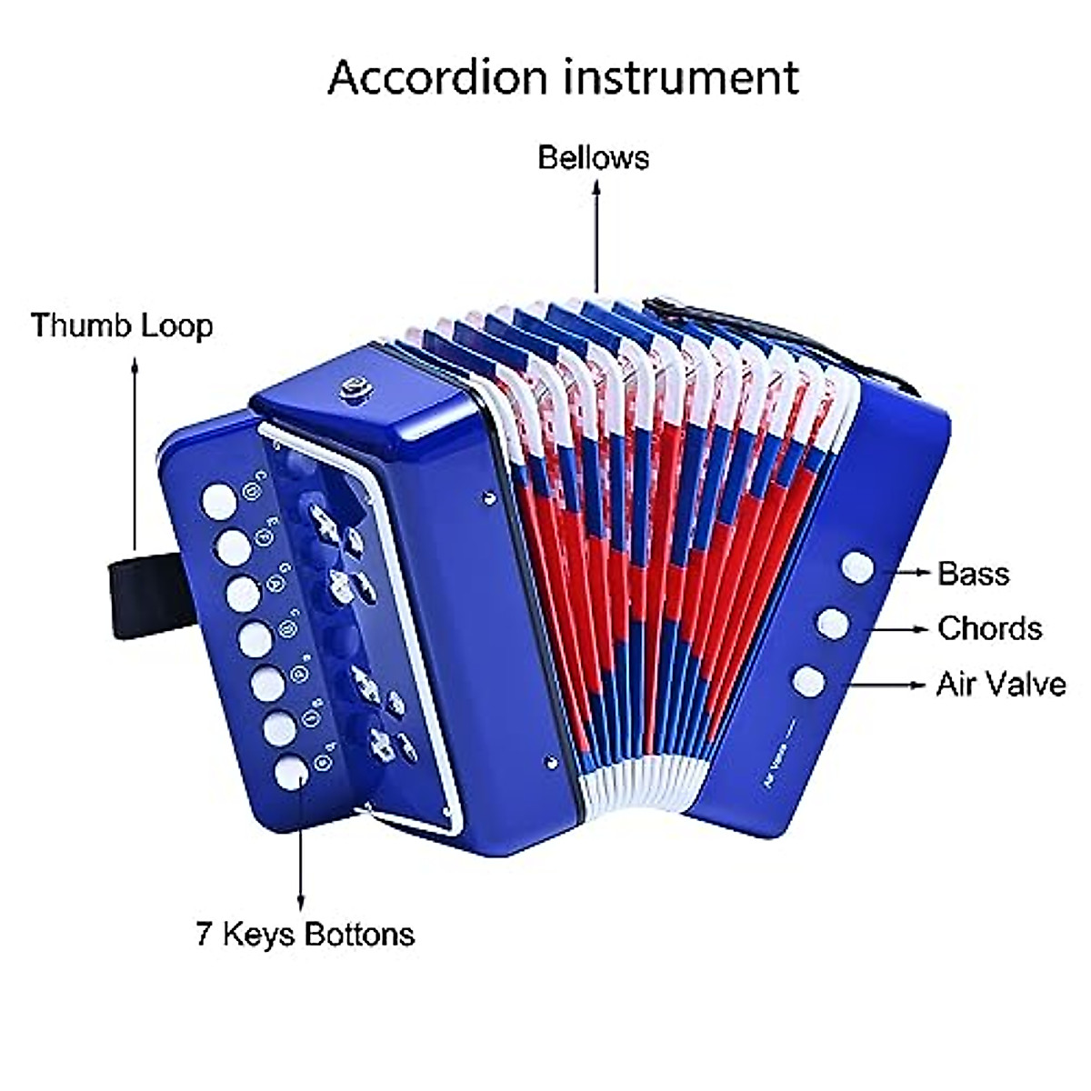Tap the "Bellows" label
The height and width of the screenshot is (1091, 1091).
pyautogui.click(x=593, y=157)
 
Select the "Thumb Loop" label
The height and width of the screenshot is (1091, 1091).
pyautogui.click(x=122, y=325)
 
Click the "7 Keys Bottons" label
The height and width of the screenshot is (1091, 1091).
pyautogui.click(x=305, y=934)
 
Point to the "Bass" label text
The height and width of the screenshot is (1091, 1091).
pyautogui.click(x=973, y=574)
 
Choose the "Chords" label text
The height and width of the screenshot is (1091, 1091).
pyautogui.click(x=989, y=628)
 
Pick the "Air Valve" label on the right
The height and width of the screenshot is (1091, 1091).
pyautogui.click(x=1000, y=684)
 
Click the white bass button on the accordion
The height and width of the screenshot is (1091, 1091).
pyautogui.click(x=857, y=567)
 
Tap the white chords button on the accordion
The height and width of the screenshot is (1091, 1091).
pyautogui.click(x=833, y=624)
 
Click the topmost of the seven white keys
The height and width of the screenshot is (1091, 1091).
pyautogui.click(x=218, y=499)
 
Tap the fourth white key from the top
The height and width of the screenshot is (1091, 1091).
pyautogui.click(x=255, y=639)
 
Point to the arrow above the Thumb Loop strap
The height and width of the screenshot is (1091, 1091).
pyautogui.click(x=135, y=455)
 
